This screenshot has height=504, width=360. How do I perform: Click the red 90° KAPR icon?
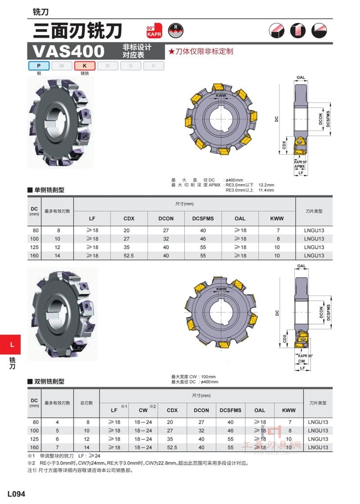pyautogui.click(x=154, y=31)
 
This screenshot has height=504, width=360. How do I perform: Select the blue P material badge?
pyautogui.click(x=39, y=66)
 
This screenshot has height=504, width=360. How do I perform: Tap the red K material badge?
pyautogui.click(x=85, y=66)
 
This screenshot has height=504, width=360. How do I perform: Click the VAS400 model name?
pyautogui.click(x=68, y=51)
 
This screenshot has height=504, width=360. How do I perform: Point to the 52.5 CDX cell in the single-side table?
pyautogui.click(x=129, y=256)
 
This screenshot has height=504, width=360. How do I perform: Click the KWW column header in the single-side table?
pyautogui.click(x=277, y=218)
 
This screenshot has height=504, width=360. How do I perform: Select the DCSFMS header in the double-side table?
pyautogui.click(x=230, y=410)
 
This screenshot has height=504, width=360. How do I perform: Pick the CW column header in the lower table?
pyautogui.click(x=143, y=410)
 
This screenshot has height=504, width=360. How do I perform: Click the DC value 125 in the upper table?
pyautogui.click(x=34, y=247)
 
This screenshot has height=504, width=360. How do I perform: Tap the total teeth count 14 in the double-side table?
pyautogui.click(x=87, y=447)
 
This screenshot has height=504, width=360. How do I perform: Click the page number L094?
pyautogui.click(x=16, y=494)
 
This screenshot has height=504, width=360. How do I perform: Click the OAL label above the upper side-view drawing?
pyautogui.click(x=301, y=77)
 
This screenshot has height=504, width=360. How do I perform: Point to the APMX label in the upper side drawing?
pyautogui.click(x=300, y=166)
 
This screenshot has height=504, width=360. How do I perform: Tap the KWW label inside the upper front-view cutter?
pyautogui.click(x=221, y=95)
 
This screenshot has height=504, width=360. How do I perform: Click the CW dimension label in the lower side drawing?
pyautogui.click(x=301, y=361)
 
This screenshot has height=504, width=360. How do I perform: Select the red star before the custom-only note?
pyautogui.click(x=171, y=51)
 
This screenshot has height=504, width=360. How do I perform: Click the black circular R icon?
pyautogui.click(x=175, y=31)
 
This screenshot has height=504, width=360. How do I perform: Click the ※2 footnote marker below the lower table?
pyautogui.click(x=31, y=463)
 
